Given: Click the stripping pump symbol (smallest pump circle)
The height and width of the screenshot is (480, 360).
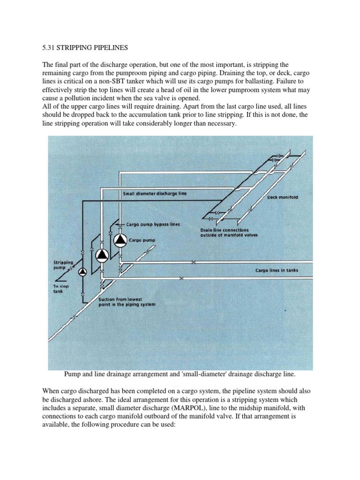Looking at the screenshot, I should (82, 271).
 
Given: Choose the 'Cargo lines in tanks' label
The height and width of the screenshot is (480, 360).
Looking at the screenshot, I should (277, 270).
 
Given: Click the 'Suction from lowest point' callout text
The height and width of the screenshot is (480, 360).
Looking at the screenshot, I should (127, 301).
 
